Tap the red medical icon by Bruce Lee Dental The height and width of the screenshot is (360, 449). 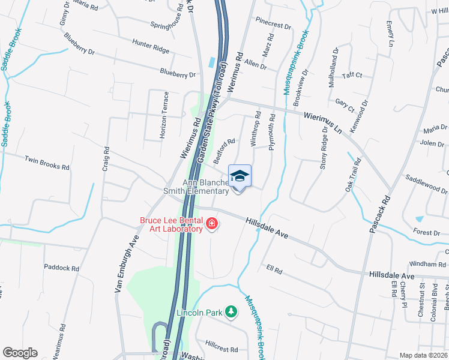coord(211,225)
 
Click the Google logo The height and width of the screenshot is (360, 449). coord(20,353)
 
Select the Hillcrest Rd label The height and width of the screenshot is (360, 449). coord(221,349)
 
